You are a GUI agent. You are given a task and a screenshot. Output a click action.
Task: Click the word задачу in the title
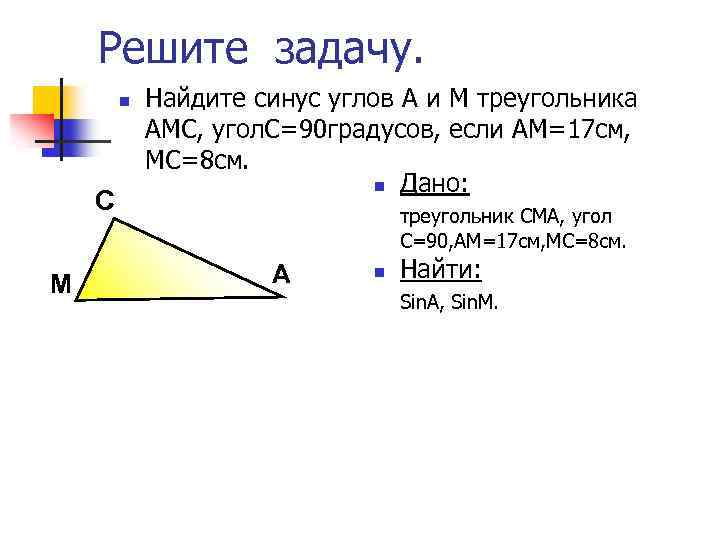pyautogui.click(x=348, y=48)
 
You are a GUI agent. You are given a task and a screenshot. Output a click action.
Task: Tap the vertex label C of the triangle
pyautogui.click(x=104, y=201)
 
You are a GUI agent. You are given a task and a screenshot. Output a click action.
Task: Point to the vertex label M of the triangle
pyautogui.click(x=60, y=285)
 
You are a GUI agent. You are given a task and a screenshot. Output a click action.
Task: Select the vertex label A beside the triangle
pyautogui.click(x=282, y=273)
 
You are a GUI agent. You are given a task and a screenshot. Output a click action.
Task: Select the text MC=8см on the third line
pyautogui.click(x=192, y=160)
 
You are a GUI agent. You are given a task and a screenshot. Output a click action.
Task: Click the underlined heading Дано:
pyautogui.click(x=435, y=185)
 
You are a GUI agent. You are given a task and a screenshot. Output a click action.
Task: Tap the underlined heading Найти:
pyautogui.click(x=440, y=270)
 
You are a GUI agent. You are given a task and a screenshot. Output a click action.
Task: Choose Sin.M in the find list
pyautogui.click(x=475, y=300)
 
